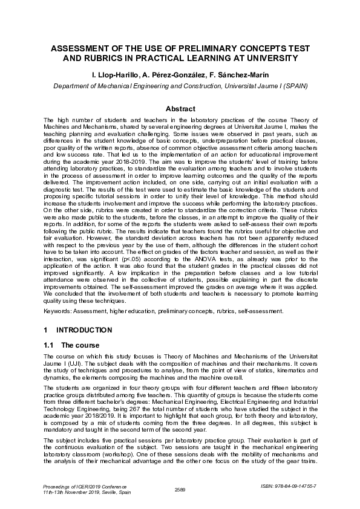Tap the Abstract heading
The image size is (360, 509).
click(180, 109)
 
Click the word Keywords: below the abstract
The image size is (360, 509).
click(58, 311)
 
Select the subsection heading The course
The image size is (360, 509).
click(82, 345)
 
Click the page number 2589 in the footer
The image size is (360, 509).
click(179, 489)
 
